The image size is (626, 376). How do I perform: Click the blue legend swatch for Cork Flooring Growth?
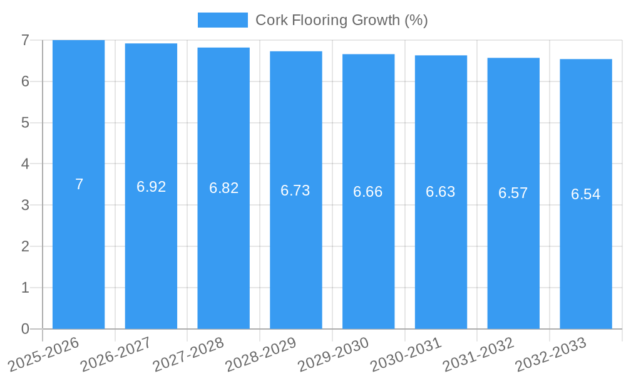pyautogui.click(x=222, y=20)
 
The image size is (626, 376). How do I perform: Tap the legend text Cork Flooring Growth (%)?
pyautogui.click(x=341, y=20)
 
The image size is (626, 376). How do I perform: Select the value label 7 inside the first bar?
pyautogui.click(x=79, y=184)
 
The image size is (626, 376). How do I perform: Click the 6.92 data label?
pyautogui.click(x=151, y=186)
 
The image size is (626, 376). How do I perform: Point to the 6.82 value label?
pyautogui.click(x=223, y=188)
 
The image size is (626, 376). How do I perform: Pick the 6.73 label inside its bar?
pyautogui.click(x=295, y=191)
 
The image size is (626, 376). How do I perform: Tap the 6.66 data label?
pyautogui.click(x=368, y=192)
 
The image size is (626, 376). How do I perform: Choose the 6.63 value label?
pyautogui.click(x=441, y=192)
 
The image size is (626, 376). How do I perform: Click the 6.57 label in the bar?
pyautogui.click(x=513, y=193)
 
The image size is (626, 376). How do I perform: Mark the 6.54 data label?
pyautogui.click(x=585, y=194)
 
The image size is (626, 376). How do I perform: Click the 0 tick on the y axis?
pyautogui.click(x=25, y=329)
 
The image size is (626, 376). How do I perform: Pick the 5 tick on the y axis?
pyautogui.click(x=25, y=123)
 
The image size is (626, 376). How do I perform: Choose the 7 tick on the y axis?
pyautogui.click(x=25, y=40)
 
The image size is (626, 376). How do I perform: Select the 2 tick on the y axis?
pyautogui.click(x=25, y=246)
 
